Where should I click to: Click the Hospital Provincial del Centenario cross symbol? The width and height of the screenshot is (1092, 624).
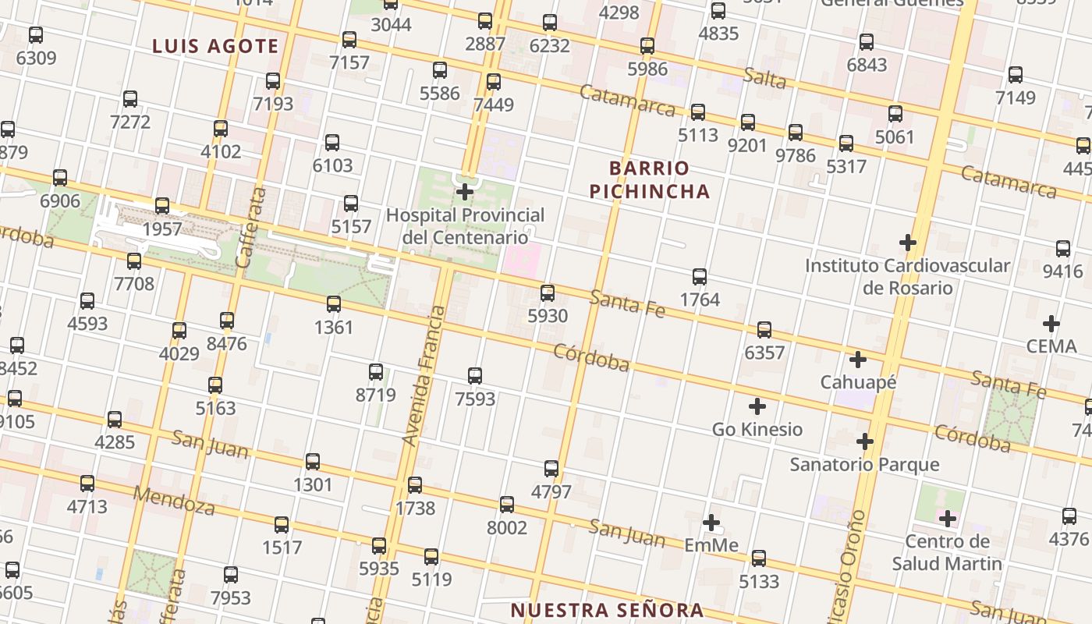click(x=465, y=191)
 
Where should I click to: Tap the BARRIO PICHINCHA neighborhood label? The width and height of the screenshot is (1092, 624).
click(x=650, y=179)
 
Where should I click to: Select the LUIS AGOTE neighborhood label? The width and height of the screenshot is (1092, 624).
click(x=215, y=46)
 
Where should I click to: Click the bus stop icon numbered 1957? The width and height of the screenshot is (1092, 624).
click(x=162, y=206)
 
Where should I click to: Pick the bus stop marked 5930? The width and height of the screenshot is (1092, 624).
click(x=548, y=293)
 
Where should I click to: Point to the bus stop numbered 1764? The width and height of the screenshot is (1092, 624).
click(x=700, y=277)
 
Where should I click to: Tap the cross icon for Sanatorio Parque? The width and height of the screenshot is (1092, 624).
click(x=864, y=442)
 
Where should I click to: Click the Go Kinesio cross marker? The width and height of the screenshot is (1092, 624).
click(x=757, y=406)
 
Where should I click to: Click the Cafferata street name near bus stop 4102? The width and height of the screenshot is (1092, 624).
click(x=252, y=228)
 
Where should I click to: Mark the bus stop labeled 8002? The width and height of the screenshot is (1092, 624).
click(x=507, y=505)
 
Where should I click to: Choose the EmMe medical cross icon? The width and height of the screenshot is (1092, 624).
click(x=711, y=522)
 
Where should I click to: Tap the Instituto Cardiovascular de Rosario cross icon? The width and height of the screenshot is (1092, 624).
click(x=907, y=243)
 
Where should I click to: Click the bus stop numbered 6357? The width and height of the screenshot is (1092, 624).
click(x=764, y=330)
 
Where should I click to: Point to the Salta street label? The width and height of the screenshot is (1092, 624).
click(x=764, y=76)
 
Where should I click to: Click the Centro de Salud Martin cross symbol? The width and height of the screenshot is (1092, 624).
click(x=947, y=519)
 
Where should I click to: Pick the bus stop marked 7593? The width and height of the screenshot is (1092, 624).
click(x=475, y=376)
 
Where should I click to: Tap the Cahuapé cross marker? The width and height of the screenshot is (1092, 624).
click(x=858, y=360)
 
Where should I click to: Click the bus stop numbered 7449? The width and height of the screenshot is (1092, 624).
click(x=494, y=82)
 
